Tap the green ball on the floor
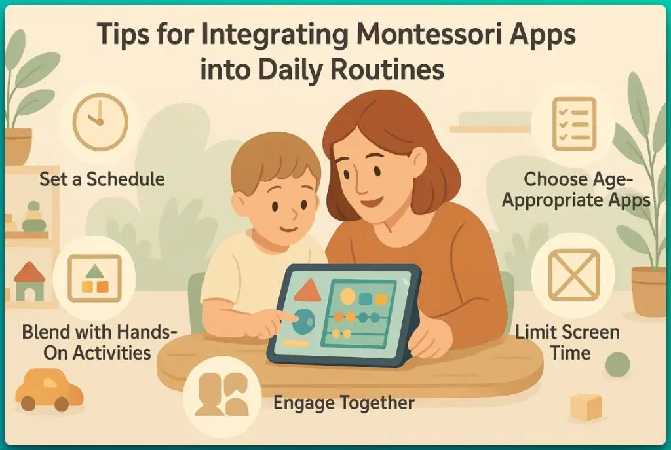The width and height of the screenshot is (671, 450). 617,364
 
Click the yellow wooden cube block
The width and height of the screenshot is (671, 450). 585,407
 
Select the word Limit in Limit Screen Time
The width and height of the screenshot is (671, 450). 535,331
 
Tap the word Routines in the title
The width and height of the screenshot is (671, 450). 391,69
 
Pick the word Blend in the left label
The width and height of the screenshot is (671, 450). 47,331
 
